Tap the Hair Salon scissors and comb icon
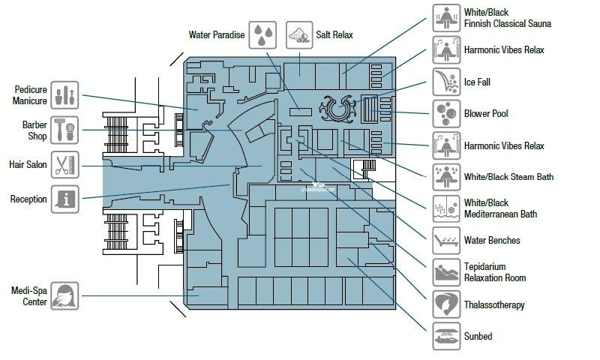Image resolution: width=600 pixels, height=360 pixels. tap(66, 163)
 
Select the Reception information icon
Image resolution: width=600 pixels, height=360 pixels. tap(66, 199)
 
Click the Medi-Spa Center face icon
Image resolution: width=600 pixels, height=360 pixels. tap(66, 295)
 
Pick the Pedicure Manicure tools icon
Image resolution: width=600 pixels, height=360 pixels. tap(66, 94)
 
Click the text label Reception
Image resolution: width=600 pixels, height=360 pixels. tap(28, 199)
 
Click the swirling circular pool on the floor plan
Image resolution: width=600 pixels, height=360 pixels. tap(334, 109)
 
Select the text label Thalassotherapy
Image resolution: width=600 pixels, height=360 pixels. tap(493, 305)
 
